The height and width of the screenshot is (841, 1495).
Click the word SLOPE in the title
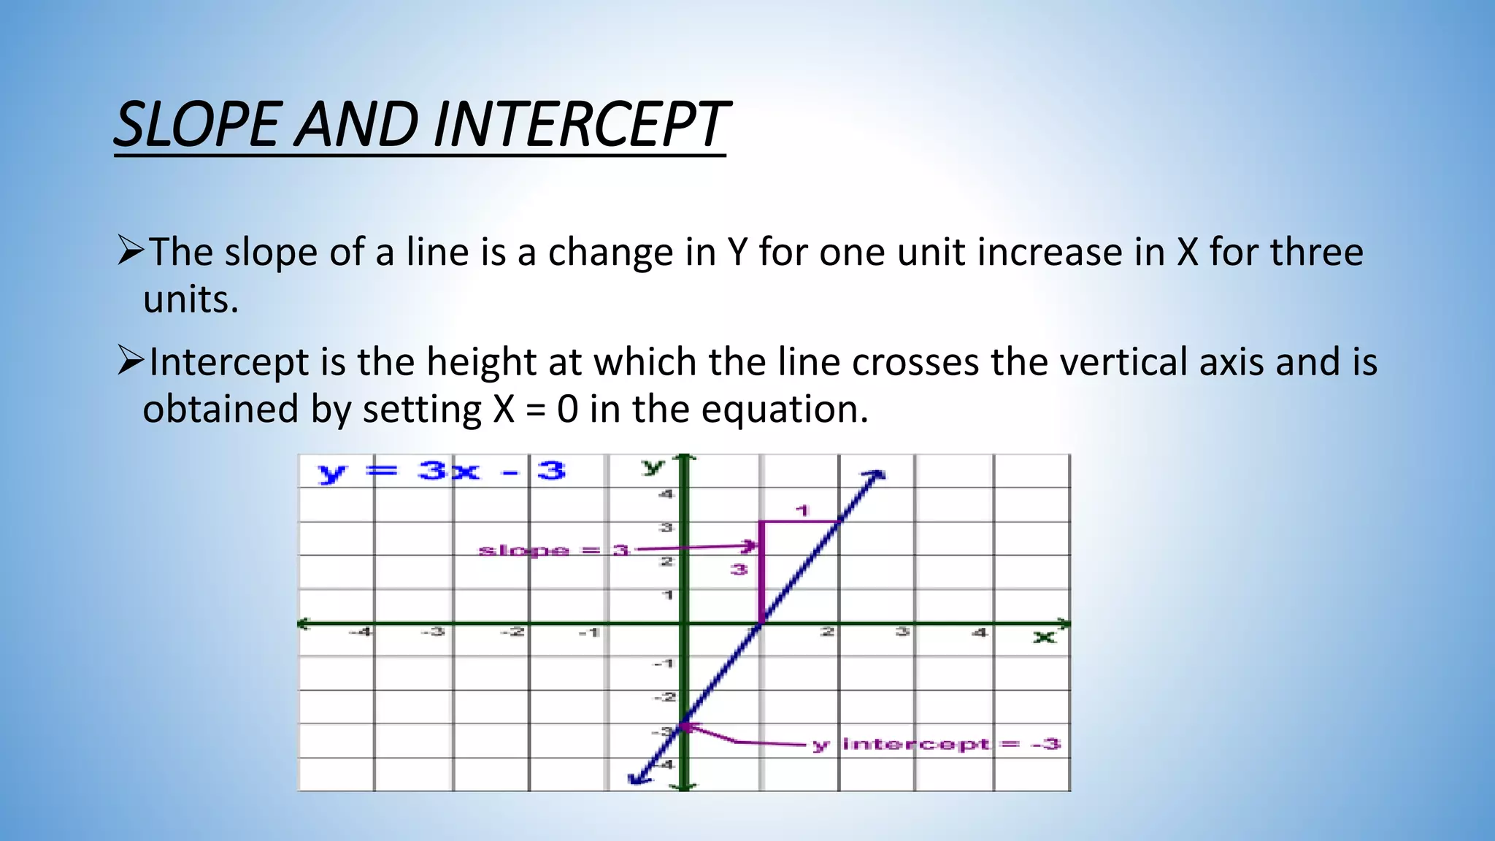coord(197,125)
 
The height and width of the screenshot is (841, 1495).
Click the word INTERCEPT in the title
coord(580,125)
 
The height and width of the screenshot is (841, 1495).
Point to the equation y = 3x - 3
coord(442,472)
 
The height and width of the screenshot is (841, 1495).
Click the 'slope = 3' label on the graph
coord(553,550)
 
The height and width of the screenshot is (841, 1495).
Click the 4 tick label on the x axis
coord(979,632)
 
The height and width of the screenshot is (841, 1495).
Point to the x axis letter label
coord(1044,637)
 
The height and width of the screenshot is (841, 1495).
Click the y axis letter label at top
coord(652,466)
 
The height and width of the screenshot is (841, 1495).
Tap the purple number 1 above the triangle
coord(803,510)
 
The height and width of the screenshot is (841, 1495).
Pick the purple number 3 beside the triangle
coord(739,569)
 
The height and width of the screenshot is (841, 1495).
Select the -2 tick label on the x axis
coord(515,632)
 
